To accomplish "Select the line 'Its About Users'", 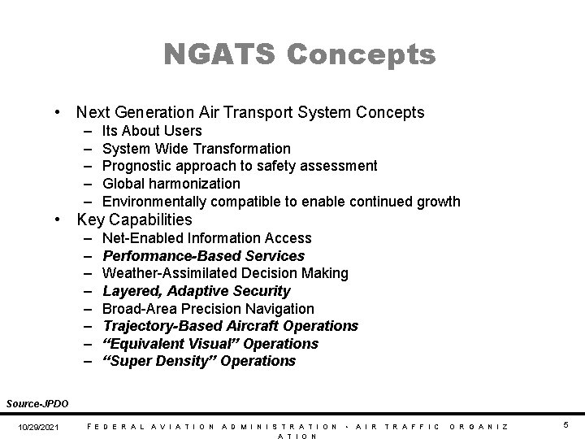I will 152,131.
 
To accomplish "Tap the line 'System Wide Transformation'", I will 196,149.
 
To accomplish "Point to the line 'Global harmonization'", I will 171,184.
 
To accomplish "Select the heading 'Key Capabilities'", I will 134,220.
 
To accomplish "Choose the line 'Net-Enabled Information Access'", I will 206,238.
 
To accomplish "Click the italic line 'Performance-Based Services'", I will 203,256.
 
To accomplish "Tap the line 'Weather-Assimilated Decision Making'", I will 225,273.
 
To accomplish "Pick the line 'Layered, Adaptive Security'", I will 196,291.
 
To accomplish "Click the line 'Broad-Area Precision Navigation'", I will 208,309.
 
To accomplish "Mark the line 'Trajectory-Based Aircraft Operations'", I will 230,326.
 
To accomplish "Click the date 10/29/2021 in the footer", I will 38,426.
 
